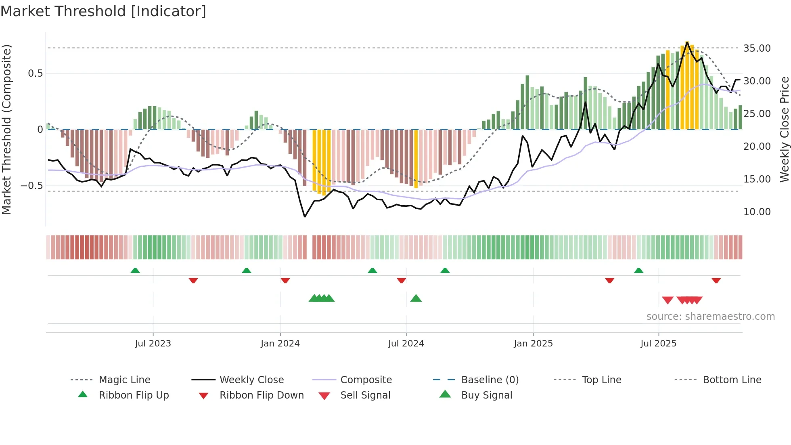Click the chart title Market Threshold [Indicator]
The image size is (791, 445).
(103, 11)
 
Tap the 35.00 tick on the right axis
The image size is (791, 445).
(757, 48)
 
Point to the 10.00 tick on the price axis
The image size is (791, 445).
(757, 212)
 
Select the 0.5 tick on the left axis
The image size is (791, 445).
(35, 73)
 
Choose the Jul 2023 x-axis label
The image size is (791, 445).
(153, 344)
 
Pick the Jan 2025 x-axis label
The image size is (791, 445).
(533, 344)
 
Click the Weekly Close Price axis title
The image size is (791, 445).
(784, 129)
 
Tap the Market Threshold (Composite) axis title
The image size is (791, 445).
(6, 129)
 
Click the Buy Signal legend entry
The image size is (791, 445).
(486, 395)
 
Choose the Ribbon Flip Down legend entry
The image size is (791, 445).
(261, 395)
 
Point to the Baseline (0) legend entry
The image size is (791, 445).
(490, 380)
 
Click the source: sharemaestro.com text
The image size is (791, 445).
(710, 317)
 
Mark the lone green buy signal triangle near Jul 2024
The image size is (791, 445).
(416, 299)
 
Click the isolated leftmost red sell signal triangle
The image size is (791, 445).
(668, 300)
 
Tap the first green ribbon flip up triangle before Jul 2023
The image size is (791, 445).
(135, 271)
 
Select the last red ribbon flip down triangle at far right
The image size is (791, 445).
(716, 280)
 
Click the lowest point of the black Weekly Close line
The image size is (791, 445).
(305, 217)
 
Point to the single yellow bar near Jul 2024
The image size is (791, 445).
(416, 159)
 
